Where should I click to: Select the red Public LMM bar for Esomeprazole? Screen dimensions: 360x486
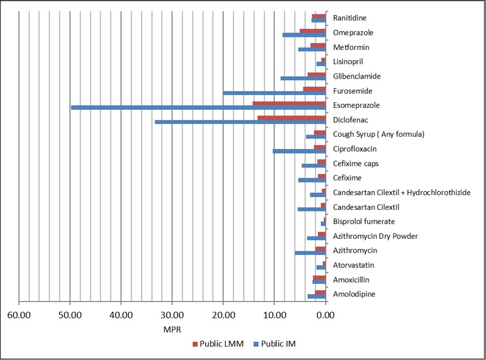[x=289, y=103]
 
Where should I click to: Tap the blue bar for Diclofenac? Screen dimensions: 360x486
[x=240, y=122]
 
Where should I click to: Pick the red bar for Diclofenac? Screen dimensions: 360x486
[x=292, y=118]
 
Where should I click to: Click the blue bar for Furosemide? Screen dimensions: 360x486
[x=274, y=93]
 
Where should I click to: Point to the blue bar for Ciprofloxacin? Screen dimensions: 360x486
[x=299, y=151]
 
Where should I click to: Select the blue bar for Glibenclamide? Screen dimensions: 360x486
[x=303, y=78]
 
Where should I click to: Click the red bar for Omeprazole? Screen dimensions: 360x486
[x=313, y=31]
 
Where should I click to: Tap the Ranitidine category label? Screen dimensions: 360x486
[x=350, y=18]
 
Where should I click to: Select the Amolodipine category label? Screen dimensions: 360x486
[x=354, y=294]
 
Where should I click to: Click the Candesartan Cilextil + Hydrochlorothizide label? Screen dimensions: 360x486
[x=402, y=193]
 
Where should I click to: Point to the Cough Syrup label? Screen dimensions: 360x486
[x=378, y=134]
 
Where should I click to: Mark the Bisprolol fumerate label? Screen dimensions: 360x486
[x=364, y=222]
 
